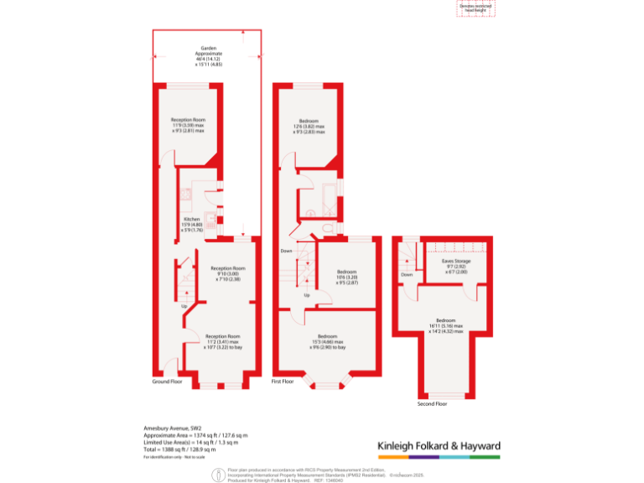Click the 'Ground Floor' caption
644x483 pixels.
click(x=167, y=382)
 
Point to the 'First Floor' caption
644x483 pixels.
click(x=283, y=382)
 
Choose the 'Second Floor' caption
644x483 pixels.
click(x=432, y=403)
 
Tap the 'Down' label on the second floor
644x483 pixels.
click(x=407, y=274)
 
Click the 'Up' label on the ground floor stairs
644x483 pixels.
click(x=184, y=306)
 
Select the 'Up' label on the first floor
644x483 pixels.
click(x=306, y=295)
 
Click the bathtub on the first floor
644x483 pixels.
click(x=319, y=198)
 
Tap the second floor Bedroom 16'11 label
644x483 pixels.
click(x=445, y=324)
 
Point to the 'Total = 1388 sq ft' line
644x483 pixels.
click(x=185, y=448)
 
